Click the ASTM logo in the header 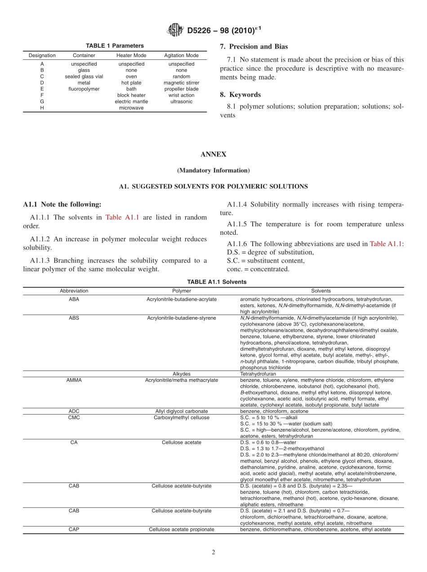tap(175, 30)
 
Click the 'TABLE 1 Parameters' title tap(115, 46)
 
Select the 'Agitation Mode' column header tap(181, 56)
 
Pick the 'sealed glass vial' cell tap(84, 76)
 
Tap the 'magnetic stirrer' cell tap(181, 83)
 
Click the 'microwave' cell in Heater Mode tap(131, 108)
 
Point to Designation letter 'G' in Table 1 tap(42, 102)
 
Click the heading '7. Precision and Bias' tap(254, 46)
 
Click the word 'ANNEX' tap(213, 154)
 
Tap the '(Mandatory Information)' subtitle tap(213, 170)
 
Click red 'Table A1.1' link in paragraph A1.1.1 tap(122, 217)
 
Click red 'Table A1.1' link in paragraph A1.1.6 tap(386, 244)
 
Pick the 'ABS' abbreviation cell tap(74, 318)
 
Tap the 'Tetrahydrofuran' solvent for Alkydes tap(258, 374)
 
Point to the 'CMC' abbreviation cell tap(74, 417)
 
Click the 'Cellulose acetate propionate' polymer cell tap(182, 529)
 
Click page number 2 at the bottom tap(213, 553)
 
